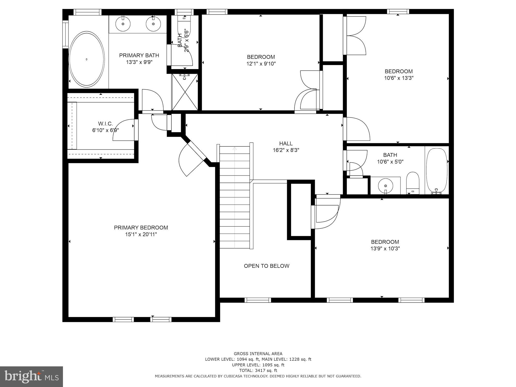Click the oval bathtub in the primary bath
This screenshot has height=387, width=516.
click(x=87, y=59)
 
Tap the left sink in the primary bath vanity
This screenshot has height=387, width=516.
click(x=123, y=24)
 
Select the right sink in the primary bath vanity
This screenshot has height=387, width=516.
click(x=153, y=24)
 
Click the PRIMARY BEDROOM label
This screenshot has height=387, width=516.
click(x=141, y=228)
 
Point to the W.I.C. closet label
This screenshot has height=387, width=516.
click(x=105, y=124)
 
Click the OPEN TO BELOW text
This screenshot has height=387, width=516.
click(x=267, y=266)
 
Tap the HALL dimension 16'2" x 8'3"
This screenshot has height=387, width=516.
click(x=286, y=150)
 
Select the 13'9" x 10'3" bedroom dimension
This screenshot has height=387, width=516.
click(x=385, y=248)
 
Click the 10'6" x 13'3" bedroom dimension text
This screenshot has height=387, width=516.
click(x=399, y=78)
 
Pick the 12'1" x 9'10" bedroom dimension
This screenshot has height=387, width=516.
click(x=261, y=63)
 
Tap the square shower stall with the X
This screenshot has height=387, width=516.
click(x=185, y=92)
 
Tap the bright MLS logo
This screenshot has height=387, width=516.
click(x=31, y=376)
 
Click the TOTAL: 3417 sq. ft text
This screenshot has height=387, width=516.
click(x=258, y=370)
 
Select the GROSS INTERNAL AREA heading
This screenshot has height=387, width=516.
click(x=258, y=354)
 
